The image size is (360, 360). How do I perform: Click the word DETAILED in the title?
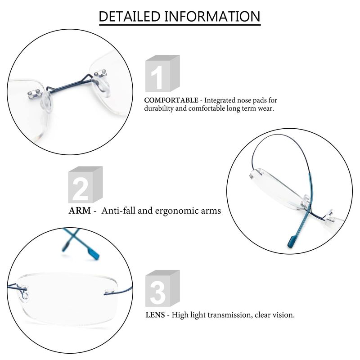coord(130,16)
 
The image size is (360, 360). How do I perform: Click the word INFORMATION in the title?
coord(212,16)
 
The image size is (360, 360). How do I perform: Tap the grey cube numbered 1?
coord(162,73)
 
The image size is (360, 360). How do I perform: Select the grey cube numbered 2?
coord(85,184)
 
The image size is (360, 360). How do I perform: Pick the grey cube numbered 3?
coord(162,288)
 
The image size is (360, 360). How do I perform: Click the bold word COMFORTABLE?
coord(171,100)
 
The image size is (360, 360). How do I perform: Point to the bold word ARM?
coord(80,211)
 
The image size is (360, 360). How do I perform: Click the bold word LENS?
coord(155,315)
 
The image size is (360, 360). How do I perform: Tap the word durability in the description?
coord(159,108)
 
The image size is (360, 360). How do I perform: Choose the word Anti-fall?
coord(118,211)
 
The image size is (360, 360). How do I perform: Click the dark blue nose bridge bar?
coord(69,84)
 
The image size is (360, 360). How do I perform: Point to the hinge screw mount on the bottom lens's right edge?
coord(109,292)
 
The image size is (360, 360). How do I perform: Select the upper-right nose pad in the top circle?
coord(101,86)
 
